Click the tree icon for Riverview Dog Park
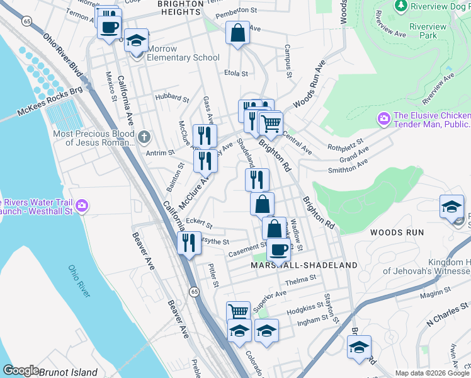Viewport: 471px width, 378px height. pyautogui.click(x=400, y=6)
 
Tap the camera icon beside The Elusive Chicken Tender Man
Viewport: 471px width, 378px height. pyautogui.click(x=383, y=118)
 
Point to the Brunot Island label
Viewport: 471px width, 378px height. pyautogui.click(x=68, y=372)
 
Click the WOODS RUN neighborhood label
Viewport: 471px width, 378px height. pyautogui.click(x=397, y=232)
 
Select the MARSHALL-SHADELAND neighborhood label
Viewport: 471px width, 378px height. pyautogui.click(x=304, y=265)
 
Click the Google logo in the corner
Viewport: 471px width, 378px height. pyautogui.click(x=21, y=370)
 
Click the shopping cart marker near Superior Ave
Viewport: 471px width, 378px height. pyautogui.click(x=238, y=311)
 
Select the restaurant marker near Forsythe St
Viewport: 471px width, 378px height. pyautogui.click(x=188, y=241)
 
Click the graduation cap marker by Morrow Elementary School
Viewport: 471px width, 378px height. pyautogui.click(x=136, y=40)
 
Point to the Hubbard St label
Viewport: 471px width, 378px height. pyautogui.click(x=172, y=99)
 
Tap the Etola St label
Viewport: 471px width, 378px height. pyautogui.click(x=237, y=73)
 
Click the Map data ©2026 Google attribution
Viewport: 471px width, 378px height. pyautogui.click(x=431, y=372)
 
